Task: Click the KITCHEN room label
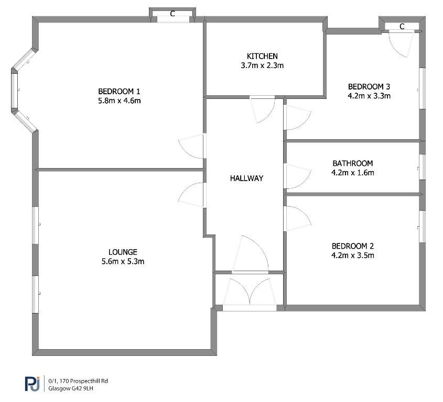pos(262,56)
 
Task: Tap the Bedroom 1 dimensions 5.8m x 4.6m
pos(119,100)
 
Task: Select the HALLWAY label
pos(246,178)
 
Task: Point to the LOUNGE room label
pos(123,252)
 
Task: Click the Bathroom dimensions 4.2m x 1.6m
pos(353,172)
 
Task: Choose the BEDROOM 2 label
pos(353,246)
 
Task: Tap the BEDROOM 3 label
pos(369,86)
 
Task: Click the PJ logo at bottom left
pos(32,384)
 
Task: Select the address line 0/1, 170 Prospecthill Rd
pos(78,381)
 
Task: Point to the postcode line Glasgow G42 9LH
pos(71,388)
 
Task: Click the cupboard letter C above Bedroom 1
pos(172,14)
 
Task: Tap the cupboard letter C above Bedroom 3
pos(402,26)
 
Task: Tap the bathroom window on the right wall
pos(422,167)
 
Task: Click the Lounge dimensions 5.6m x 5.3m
pos(123,261)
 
